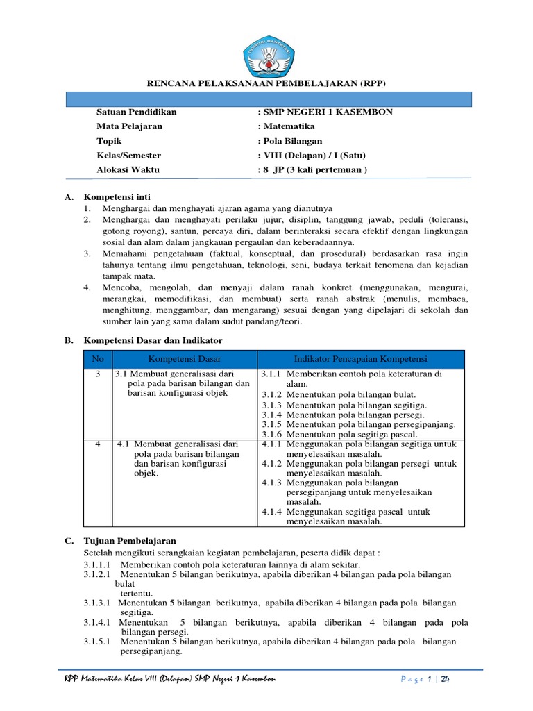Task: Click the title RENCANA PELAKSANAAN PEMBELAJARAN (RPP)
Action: click(266, 83)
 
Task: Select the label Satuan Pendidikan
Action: click(137, 112)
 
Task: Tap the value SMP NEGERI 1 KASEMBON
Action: click(325, 112)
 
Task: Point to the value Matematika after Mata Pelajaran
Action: click(286, 126)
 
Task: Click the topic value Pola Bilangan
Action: click(289, 141)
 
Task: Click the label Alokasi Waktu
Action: click(128, 169)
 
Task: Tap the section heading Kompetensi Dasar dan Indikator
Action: click(153, 340)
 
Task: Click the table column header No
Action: click(98, 359)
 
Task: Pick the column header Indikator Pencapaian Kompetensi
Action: click(361, 359)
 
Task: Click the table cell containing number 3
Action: click(98, 374)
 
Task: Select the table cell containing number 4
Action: click(98, 443)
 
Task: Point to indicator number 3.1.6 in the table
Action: click(272, 434)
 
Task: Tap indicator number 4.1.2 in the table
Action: click(272, 463)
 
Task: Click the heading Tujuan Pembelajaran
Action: click(130, 540)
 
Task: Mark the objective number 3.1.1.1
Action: click(97, 565)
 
